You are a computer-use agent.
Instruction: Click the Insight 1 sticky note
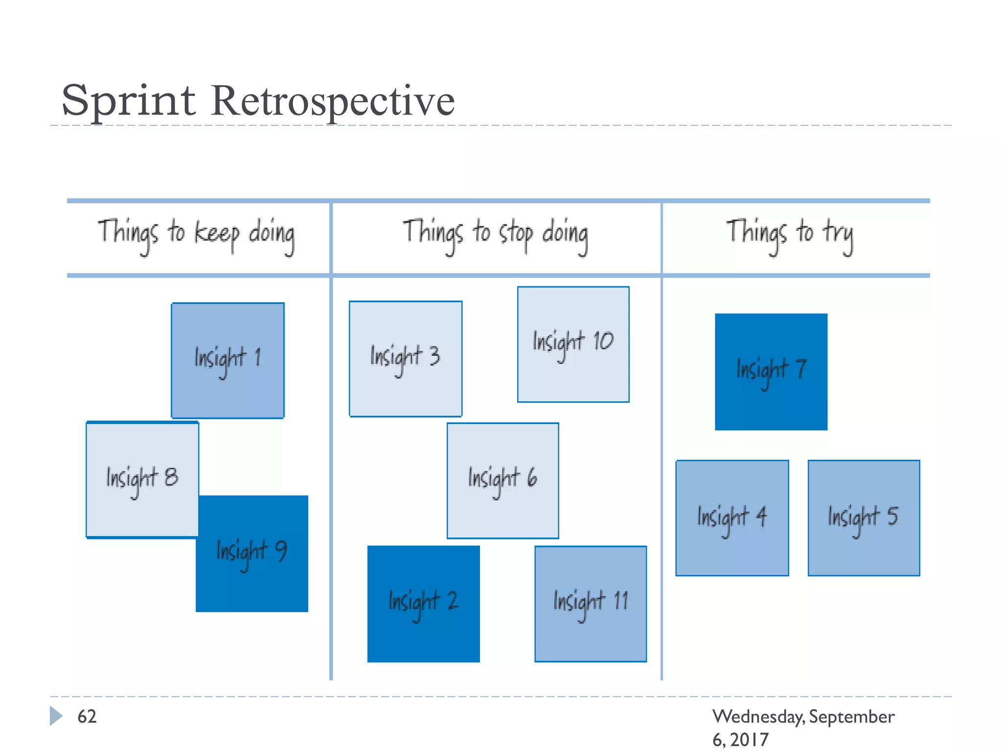click(228, 360)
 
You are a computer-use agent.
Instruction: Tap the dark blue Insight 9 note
click(252, 554)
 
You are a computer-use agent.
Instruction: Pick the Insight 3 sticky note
click(406, 359)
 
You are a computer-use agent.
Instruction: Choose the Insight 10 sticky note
click(573, 344)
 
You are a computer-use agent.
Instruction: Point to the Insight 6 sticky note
click(502, 480)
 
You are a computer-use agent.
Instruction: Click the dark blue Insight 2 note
click(424, 604)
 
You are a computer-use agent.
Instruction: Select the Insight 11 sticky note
click(591, 604)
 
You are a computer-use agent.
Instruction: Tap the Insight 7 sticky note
click(771, 372)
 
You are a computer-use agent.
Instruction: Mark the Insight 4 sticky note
click(732, 518)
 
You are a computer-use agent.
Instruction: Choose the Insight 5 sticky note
click(863, 518)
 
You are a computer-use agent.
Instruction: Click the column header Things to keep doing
click(196, 235)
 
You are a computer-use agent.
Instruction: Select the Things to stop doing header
click(495, 235)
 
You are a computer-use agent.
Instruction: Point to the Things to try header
click(789, 235)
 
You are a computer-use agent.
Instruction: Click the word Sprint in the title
click(129, 101)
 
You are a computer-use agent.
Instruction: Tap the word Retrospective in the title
click(333, 101)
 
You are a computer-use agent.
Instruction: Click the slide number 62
click(87, 716)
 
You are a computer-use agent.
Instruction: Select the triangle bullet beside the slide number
click(56, 716)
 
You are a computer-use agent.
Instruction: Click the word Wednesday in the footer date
click(758, 717)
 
